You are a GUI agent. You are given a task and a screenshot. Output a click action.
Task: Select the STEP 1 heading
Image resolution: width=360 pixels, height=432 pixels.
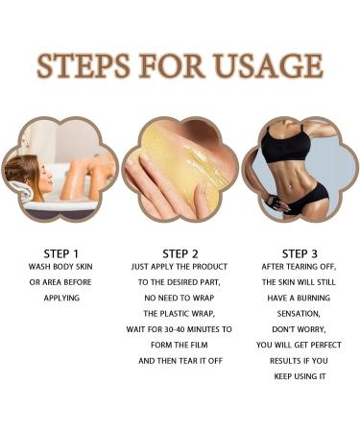pos(60,253)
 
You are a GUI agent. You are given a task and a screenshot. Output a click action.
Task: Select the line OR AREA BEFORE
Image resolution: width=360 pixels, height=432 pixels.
pos(60,283)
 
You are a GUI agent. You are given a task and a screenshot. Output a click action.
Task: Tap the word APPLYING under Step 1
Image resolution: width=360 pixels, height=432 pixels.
pos(60,299)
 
